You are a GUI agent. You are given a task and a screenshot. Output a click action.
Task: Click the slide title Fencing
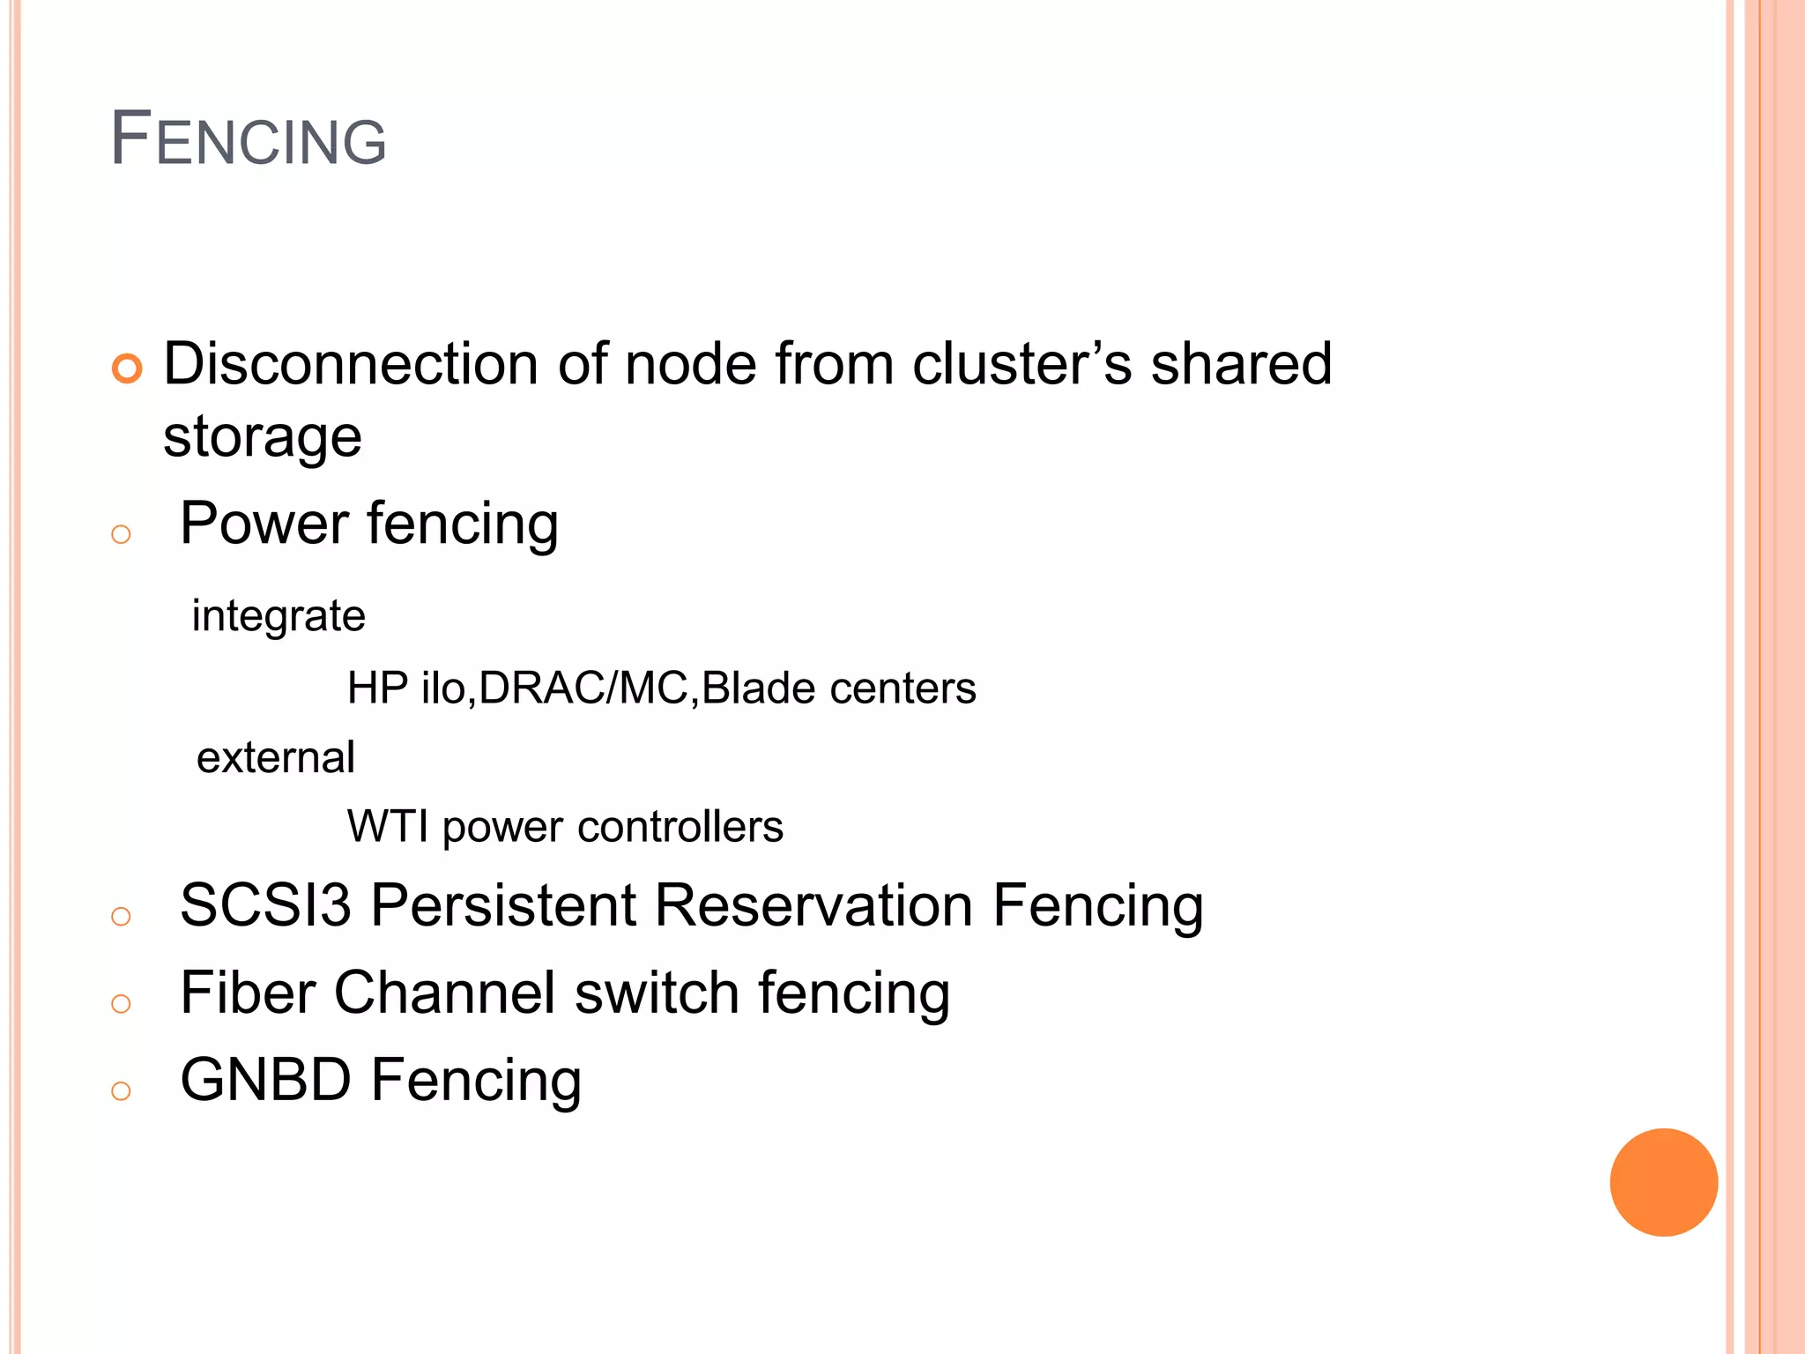[x=249, y=139]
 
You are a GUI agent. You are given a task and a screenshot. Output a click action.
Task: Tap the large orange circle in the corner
[x=1663, y=1182]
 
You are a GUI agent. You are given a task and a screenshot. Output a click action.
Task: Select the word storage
[x=263, y=437]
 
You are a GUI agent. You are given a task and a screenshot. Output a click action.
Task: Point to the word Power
[x=264, y=524]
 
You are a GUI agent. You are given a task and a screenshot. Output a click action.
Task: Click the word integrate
[x=279, y=616]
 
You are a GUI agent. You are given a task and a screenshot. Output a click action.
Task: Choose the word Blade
[x=758, y=688]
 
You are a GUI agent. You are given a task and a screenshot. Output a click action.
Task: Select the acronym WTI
[x=388, y=827]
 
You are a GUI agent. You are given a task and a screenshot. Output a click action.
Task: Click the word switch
[x=657, y=993]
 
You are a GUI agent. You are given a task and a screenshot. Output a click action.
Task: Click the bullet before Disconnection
[x=127, y=368]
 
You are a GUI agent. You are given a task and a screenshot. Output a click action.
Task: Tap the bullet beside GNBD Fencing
[x=122, y=1091]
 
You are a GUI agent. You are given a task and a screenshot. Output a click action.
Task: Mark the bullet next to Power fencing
[x=122, y=534]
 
